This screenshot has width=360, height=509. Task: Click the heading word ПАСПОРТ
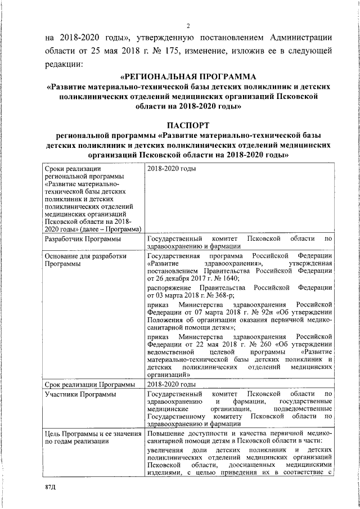188,124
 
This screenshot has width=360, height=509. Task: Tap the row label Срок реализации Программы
89,385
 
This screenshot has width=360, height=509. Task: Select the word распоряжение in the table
170,287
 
